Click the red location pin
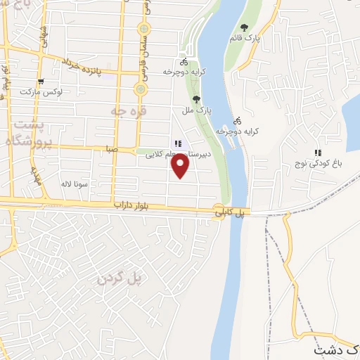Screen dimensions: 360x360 tap(181, 164)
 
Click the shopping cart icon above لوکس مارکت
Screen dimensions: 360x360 tap(40, 82)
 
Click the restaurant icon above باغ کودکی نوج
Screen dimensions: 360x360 tap(318, 152)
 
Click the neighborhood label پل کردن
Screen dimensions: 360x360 tap(120, 278)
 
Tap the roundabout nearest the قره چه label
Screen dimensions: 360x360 tap(141, 90)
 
